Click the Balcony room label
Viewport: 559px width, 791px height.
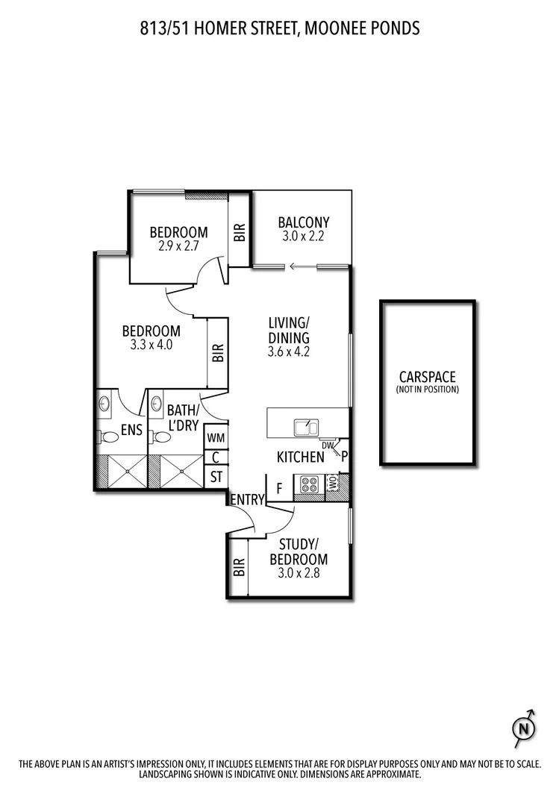303,222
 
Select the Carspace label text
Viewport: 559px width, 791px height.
427,378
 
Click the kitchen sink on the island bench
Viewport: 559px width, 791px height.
306,427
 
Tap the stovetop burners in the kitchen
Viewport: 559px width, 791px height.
308,485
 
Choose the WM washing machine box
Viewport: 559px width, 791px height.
216,437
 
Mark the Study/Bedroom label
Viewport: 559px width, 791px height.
299,551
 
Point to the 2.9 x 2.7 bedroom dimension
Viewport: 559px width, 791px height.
178,245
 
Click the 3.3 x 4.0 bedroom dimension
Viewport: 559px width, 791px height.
152,345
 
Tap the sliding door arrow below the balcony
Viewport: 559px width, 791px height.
302,266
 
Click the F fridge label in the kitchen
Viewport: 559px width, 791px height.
279,489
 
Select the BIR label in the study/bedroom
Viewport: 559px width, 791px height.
239,568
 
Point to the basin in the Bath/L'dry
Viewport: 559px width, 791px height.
156,404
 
